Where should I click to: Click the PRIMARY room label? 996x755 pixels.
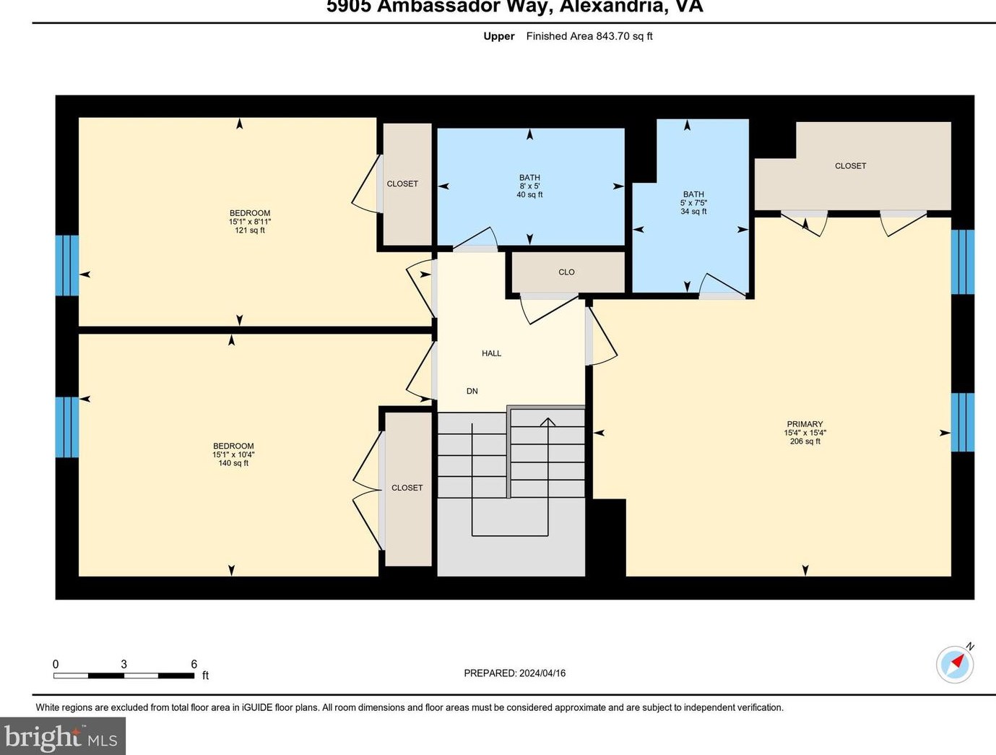[805, 424]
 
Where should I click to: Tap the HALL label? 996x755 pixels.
[491, 353]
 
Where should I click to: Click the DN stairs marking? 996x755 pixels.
[472, 391]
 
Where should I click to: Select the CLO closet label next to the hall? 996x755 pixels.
[566, 272]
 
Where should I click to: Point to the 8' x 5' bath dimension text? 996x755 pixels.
[529, 186]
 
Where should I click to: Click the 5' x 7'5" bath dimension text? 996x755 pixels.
[693, 203]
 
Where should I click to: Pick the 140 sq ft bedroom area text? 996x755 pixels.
[233, 463]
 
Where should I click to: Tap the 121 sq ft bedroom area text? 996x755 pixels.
[250, 230]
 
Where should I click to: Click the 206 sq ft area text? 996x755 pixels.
[805, 441]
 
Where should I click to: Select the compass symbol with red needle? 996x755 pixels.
[955, 663]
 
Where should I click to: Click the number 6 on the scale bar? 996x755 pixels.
[194, 664]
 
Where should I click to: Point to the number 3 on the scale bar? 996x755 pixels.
[124, 664]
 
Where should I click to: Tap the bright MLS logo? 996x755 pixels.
[62, 737]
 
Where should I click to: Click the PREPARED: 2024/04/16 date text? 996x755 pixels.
[514, 673]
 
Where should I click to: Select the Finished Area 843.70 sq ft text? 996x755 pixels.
[589, 36]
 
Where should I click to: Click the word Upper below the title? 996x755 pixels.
[498, 36]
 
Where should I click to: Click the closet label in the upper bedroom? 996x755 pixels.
[402, 184]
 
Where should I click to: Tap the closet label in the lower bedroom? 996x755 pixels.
[407, 488]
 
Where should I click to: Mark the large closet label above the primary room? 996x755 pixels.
[850, 166]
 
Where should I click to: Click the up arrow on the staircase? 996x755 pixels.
[547, 422]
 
